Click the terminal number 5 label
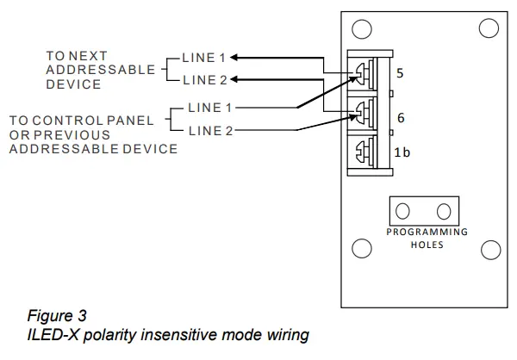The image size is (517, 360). pos(399,74)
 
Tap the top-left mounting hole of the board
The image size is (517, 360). pos(362,29)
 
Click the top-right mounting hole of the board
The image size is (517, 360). pos(489,29)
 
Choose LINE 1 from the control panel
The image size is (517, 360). pos(210,109)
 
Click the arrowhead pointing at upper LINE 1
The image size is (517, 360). pos(234,58)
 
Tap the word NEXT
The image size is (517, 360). pos(90,56)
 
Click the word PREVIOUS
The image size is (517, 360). pos(81,135)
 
